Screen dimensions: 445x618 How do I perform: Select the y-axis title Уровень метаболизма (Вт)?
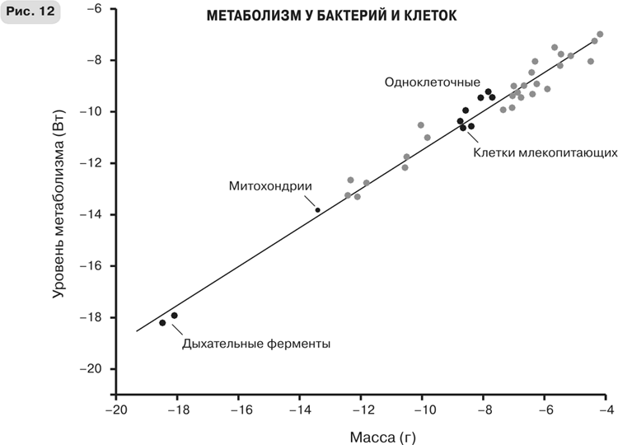pyautogui.click(x=59, y=212)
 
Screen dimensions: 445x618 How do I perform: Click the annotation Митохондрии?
pyautogui.click(x=271, y=186)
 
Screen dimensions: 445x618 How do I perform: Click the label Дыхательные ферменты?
pyautogui.click(x=256, y=344)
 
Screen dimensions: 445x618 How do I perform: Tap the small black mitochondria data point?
pyautogui.click(x=318, y=210)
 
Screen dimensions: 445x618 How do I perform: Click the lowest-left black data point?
pyautogui.click(x=162, y=323)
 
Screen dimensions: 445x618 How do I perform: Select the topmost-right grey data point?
pyautogui.click(x=600, y=35)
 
